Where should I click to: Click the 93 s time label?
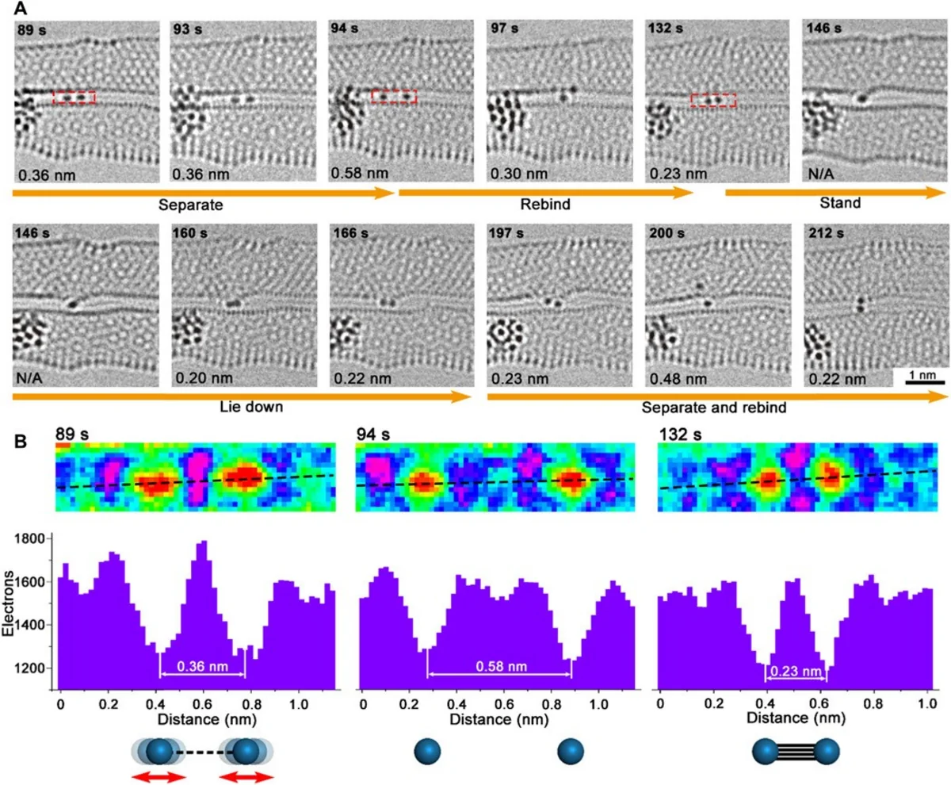[187, 29]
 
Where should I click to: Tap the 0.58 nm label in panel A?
[359, 173]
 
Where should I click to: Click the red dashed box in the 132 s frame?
[712, 100]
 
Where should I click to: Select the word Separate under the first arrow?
[190, 205]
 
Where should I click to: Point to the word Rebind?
[545, 205]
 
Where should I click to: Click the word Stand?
[840, 203]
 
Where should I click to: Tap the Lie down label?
[251, 407]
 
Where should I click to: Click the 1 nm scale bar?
[925, 382]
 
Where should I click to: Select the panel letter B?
[21, 442]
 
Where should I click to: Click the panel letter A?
[21, 8]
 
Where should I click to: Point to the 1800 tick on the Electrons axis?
[29, 539]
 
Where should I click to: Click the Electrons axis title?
[8, 603]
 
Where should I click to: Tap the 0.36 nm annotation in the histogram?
[202, 667]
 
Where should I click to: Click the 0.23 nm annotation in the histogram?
[796, 671]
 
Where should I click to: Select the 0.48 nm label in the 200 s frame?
[678, 379]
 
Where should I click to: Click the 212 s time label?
[827, 233]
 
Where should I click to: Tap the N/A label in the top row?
[821, 174]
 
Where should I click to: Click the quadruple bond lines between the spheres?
[796, 752]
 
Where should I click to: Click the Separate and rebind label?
[714, 407]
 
